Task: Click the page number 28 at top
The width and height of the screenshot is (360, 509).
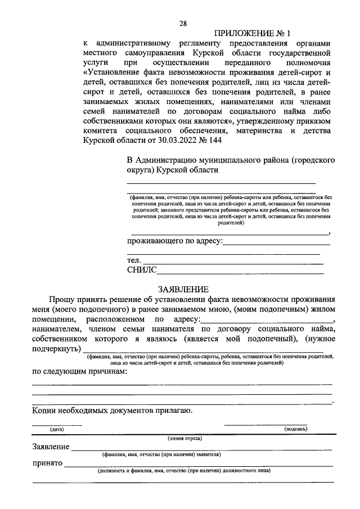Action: (183, 23)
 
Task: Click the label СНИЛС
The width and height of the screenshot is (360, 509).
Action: (141, 271)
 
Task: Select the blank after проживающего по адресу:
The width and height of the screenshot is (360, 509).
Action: (277, 244)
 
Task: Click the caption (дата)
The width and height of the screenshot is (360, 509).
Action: (57, 430)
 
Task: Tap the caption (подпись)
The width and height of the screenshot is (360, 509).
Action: (296, 430)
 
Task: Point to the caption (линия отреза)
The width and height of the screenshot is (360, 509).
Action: (183, 438)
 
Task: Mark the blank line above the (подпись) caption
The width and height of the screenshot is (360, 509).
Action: (265, 425)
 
